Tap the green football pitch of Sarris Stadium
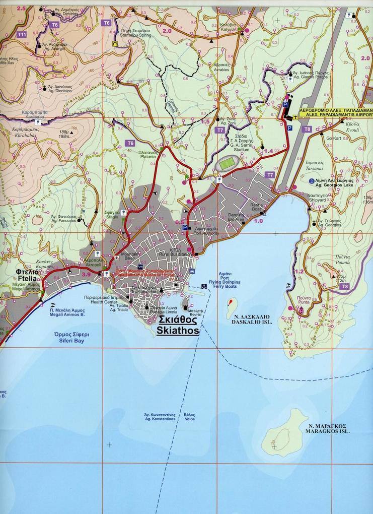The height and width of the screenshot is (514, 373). [x=229, y=163]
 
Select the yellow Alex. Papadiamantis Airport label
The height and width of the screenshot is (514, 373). [x=335, y=112]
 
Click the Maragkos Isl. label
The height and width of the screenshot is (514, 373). [x=330, y=428]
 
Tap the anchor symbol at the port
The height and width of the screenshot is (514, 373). [x=204, y=286]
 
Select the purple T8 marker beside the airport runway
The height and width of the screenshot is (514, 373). [x=308, y=130]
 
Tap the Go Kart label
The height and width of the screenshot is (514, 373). [x=334, y=138]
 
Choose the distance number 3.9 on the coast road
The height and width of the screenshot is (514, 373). [x=86, y=274]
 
